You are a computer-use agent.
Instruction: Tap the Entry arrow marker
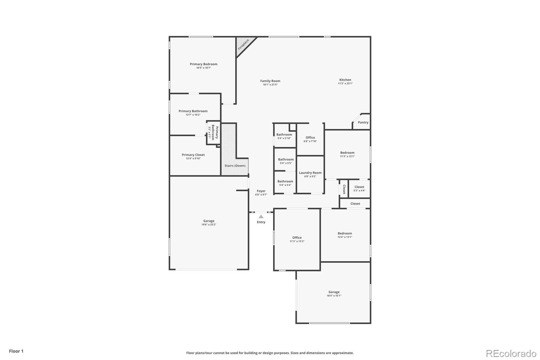261,217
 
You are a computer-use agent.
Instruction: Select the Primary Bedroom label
204,64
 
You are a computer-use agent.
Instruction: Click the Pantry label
363,123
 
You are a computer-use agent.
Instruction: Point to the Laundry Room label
310,173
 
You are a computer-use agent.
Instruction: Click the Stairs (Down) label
235,166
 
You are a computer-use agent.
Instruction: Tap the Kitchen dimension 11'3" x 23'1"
345,83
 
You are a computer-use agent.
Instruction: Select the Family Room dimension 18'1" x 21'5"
270,85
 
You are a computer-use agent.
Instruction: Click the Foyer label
261,191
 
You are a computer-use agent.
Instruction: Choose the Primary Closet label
193,155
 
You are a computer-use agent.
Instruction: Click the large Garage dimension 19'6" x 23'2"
209,225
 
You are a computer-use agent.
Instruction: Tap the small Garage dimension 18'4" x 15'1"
334,296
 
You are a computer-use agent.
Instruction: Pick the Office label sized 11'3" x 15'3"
297,238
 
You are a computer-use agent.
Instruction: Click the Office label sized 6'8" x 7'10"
310,138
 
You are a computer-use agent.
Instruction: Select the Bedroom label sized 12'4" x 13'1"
345,233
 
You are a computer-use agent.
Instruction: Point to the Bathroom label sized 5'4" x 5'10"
284,135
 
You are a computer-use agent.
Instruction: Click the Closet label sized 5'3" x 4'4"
359,187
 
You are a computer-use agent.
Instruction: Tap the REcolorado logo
511,354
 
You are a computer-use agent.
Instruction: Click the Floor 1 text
16,351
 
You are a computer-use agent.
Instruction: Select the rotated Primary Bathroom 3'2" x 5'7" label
213,132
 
